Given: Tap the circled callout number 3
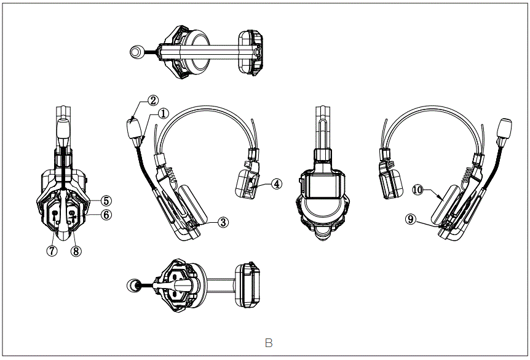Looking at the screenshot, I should pos(223,222).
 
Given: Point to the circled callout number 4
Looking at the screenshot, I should pos(277,183).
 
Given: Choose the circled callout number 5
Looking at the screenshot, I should pos(106,201).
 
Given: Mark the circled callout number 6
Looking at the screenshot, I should pos(106,214).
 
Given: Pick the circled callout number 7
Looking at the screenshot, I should pos(52,250).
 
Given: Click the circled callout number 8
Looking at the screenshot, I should pos(76,250).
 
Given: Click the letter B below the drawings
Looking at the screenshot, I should pos(268,343).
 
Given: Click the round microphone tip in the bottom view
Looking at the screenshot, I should pos(133,285).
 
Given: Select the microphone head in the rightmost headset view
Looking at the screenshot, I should pos(507,128).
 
